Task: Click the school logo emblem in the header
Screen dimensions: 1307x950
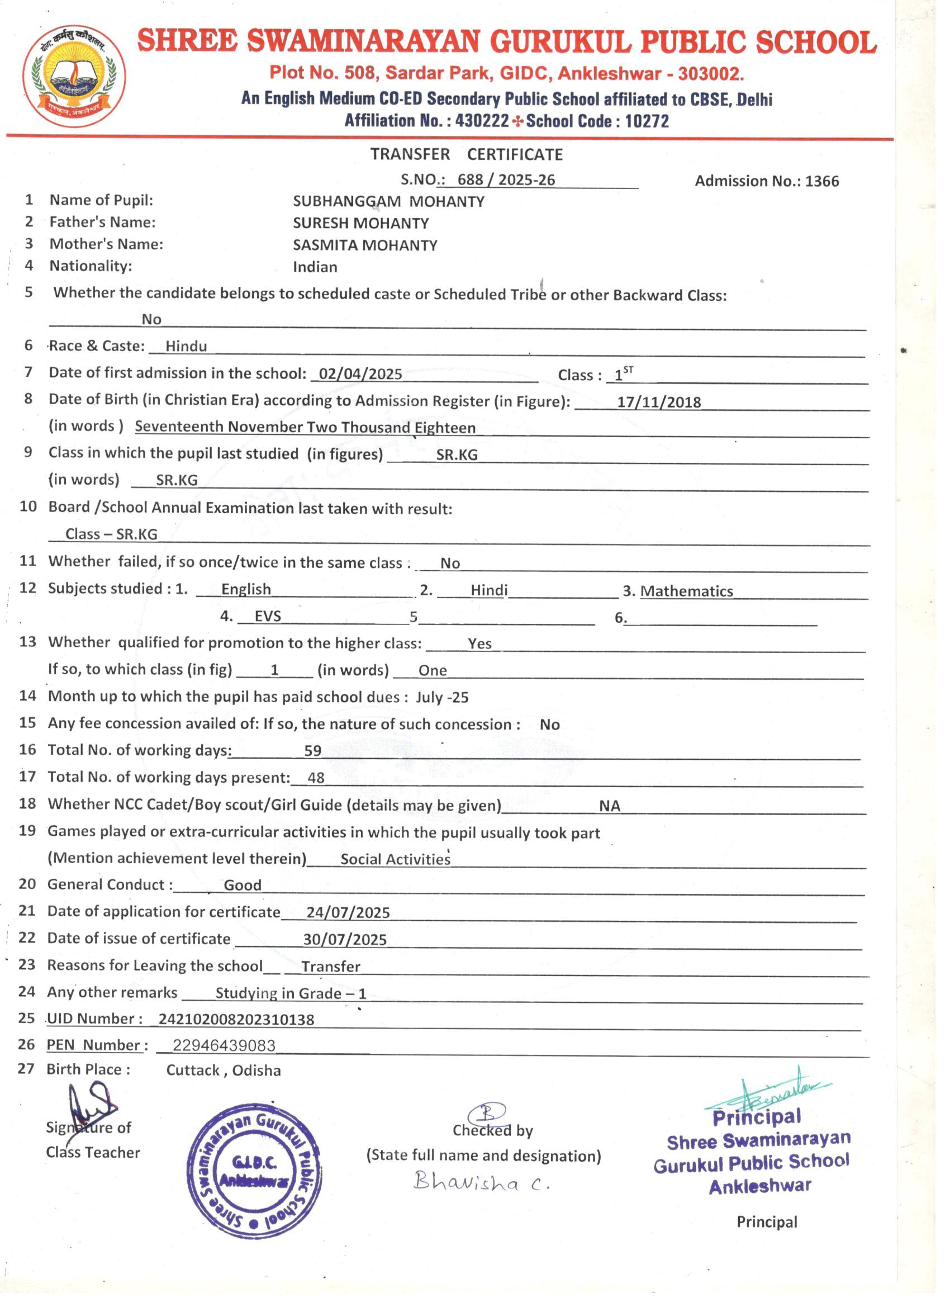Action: (74, 76)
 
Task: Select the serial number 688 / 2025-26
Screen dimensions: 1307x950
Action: (506, 180)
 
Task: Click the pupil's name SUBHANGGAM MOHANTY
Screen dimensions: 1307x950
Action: (388, 202)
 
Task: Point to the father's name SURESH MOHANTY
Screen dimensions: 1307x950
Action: (360, 223)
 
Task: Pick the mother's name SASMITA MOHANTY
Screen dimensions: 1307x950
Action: (365, 245)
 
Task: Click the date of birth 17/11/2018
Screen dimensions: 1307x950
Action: (658, 402)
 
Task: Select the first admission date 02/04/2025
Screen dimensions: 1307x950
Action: (360, 374)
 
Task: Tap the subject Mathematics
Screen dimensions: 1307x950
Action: (686, 591)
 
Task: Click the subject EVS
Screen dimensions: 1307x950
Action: (268, 617)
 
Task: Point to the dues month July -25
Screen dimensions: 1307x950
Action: (442, 697)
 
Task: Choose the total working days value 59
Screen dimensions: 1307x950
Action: (312, 750)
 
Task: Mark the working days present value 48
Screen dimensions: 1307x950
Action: (316, 778)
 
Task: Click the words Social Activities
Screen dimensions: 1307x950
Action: (395, 859)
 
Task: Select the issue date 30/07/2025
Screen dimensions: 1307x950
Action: (344, 940)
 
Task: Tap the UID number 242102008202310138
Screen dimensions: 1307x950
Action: (236, 1020)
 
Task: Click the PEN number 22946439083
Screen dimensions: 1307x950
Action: (224, 1046)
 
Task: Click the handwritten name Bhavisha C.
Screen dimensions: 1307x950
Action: (481, 1182)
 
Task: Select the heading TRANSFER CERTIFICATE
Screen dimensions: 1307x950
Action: (466, 154)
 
